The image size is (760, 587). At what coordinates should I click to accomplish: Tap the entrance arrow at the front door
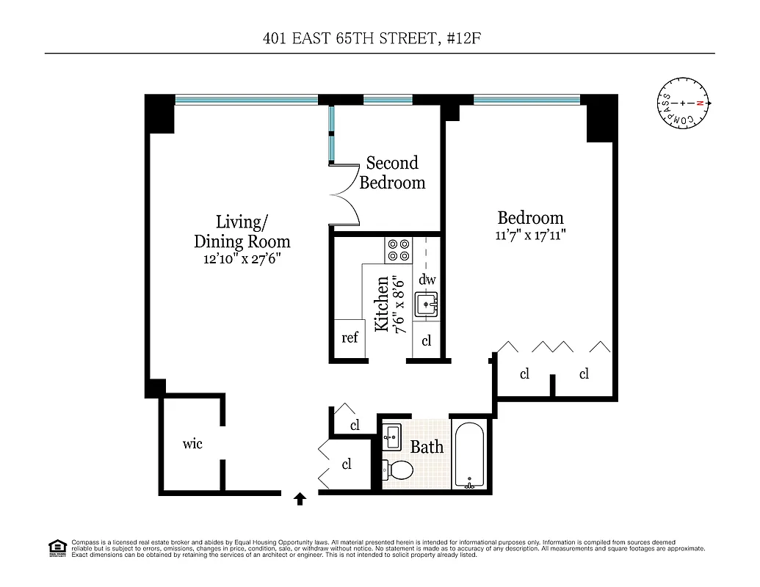coord(300,500)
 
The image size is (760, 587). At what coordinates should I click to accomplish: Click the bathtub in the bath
coord(469,456)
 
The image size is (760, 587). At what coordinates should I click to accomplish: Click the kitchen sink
coord(427,304)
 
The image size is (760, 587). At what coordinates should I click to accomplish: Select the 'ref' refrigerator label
coord(350,338)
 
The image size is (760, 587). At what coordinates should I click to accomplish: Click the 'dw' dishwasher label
coord(427,280)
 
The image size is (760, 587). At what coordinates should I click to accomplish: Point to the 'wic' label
coord(192,443)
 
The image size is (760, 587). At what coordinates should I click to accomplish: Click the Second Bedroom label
coord(392,172)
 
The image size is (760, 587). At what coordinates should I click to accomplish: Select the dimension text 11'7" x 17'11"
coord(530,236)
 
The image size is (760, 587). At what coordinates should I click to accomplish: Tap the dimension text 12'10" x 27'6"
coord(242,259)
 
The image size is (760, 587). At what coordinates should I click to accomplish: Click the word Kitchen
coord(382,304)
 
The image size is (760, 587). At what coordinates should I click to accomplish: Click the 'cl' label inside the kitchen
coord(427,341)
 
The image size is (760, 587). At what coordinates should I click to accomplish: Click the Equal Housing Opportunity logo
coord(57,548)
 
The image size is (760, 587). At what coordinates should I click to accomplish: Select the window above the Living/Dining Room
coord(246,99)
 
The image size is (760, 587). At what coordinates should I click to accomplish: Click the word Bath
coord(426,446)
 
